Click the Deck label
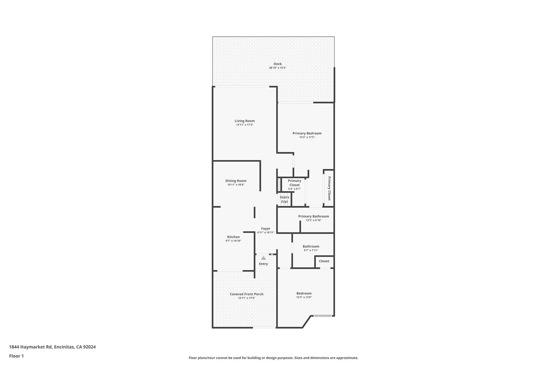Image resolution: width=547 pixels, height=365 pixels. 278,64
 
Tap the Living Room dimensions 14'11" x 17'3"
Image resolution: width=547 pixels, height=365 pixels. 244,125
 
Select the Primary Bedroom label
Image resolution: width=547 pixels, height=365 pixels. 307,133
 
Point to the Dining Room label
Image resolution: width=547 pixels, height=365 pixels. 236,181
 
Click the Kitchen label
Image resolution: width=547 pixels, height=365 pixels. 234,237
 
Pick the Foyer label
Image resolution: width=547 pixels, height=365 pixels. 266,229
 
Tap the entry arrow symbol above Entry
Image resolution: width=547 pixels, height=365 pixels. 263,258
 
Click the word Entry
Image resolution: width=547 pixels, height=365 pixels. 263,264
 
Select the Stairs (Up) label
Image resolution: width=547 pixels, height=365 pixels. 284,199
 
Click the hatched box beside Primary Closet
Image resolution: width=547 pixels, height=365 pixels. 279,185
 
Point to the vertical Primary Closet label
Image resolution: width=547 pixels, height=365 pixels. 329,188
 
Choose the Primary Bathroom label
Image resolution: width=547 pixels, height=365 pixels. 313,217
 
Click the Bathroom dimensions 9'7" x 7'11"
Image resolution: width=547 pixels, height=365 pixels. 311,250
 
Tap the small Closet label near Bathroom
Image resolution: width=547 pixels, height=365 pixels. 324,261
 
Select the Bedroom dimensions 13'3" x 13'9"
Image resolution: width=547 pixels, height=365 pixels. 304,298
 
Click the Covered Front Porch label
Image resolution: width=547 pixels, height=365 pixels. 246,294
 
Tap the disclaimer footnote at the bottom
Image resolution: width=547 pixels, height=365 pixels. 273,358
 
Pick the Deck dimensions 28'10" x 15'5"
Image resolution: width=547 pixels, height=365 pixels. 278,68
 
